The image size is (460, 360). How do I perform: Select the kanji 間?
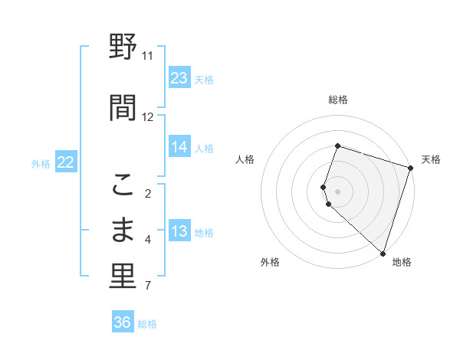coord(123,107)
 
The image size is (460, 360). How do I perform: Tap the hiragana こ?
coord(123,184)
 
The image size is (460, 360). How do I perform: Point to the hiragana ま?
coord(123,230)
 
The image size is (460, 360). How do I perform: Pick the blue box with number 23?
coord(179,78)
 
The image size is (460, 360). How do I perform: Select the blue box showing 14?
coord(179,147)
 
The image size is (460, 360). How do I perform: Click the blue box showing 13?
coord(179,232)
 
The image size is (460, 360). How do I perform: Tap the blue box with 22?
coord(66,162)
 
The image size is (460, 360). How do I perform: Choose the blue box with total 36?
coord(123,322)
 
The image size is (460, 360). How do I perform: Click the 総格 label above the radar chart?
coord(338,100)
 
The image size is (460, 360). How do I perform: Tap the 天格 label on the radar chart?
coord(432,159)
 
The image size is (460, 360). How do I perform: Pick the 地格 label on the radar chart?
coord(402,262)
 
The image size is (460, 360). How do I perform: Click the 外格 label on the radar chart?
coord(270,262)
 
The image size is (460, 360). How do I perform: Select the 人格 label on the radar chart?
coord(245,159)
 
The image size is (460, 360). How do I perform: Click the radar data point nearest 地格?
coord(383,253)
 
